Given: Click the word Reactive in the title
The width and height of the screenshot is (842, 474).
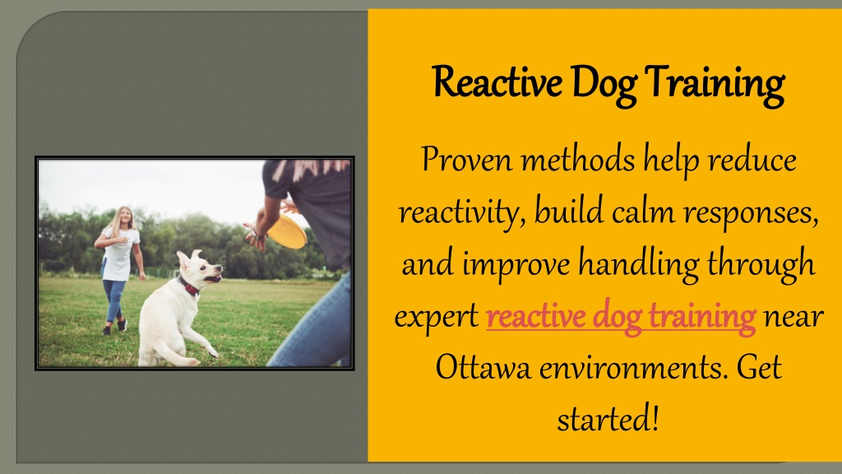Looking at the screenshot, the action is click(497, 82).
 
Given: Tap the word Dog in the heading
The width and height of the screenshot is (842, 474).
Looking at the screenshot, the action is click(604, 85).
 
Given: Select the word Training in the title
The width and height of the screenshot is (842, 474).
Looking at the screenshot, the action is click(715, 85).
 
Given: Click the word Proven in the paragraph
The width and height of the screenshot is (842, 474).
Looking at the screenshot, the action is click(467, 160).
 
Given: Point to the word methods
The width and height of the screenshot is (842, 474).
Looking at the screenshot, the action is click(578, 159).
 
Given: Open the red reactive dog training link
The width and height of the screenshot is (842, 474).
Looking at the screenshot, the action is click(621, 318).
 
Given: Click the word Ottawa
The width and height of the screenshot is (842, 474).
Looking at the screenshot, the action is click(483, 368).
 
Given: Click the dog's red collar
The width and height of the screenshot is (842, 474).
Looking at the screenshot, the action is click(188, 286).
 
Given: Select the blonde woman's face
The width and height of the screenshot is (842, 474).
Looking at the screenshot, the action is click(125, 217).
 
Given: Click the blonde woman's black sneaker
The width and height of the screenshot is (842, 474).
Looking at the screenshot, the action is click(123, 325).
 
